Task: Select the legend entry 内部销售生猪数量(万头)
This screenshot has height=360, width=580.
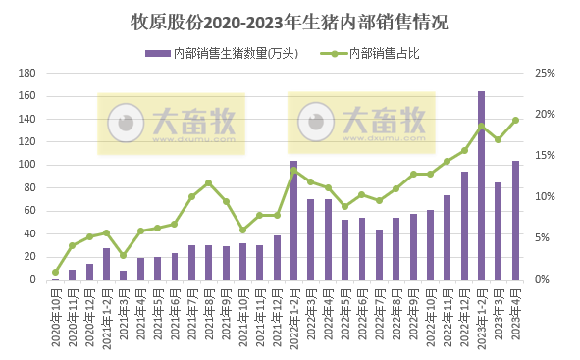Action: (220, 53)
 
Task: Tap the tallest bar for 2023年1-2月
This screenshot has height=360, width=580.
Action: (481, 186)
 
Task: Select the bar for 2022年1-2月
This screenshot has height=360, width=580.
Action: (293, 221)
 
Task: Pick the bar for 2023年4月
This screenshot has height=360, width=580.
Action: (515, 221)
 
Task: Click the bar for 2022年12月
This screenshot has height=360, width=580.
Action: (464, 226)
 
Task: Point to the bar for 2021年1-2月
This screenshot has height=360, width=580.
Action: (106, 264)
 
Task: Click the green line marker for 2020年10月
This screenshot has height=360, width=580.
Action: (55, 272)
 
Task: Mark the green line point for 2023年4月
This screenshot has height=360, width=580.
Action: (515, 121)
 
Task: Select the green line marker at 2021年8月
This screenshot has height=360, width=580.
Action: (208, 182)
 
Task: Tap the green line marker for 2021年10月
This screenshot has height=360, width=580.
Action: (242, 230)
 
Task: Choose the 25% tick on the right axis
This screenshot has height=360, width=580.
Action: (544, 74)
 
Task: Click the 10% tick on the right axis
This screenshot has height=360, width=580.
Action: (544, 197)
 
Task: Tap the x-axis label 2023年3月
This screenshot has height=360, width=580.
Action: (499, 312)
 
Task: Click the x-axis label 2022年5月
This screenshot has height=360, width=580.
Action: (344, 312)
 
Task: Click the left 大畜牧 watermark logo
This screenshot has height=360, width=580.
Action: (172, 124)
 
